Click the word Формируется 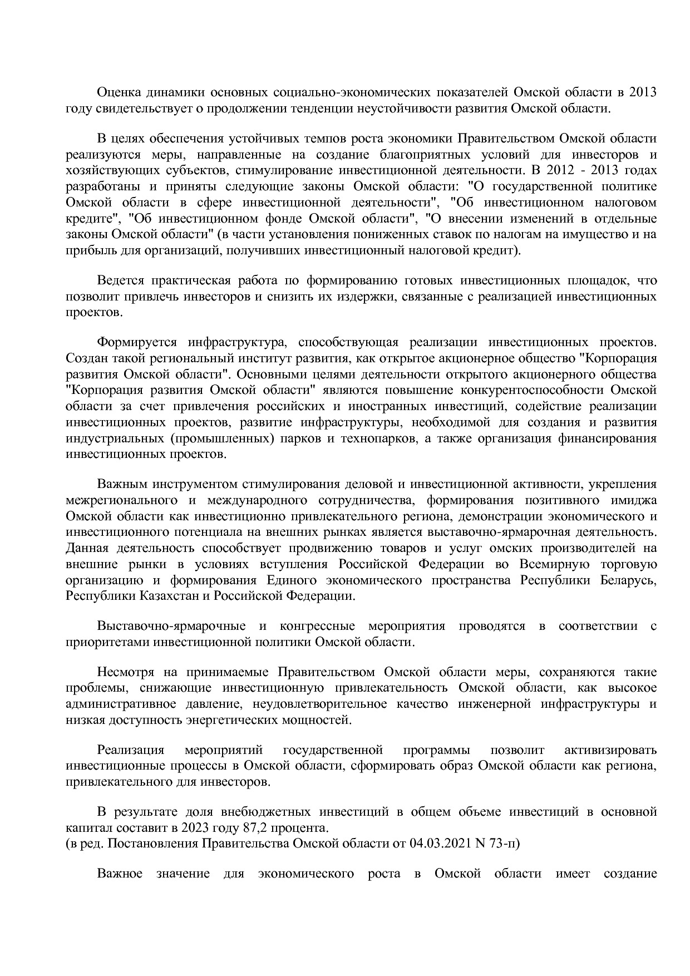[x=137, y=342]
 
